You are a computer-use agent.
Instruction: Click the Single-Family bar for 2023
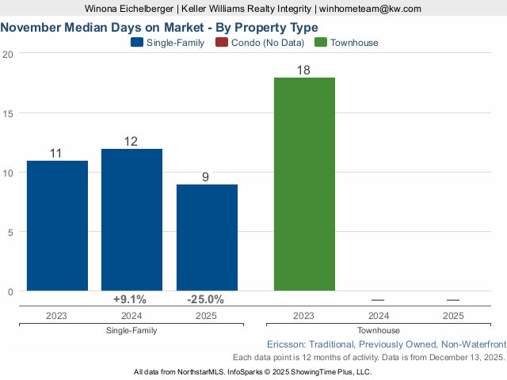pos(57,226)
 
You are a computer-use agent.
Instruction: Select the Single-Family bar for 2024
pos(132,220)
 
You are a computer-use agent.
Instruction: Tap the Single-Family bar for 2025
pos(207,237)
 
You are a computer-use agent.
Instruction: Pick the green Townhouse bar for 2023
pos(304,184)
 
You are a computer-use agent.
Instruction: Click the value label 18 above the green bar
pos(303,70)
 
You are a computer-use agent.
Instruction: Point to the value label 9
pos(205,177)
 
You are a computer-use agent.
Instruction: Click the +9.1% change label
pos(130,299)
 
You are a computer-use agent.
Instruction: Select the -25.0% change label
pos(205,299)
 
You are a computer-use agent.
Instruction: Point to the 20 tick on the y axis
pos(8,54)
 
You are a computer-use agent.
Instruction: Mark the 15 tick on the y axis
pos(8,113)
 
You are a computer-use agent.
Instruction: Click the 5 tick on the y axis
pos(10,232)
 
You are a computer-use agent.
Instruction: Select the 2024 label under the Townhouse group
pos(379,315)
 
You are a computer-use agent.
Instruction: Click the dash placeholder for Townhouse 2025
pos(453,299)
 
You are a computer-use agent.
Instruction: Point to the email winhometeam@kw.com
pos(370,9)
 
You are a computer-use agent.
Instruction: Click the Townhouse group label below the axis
pos(379,330)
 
